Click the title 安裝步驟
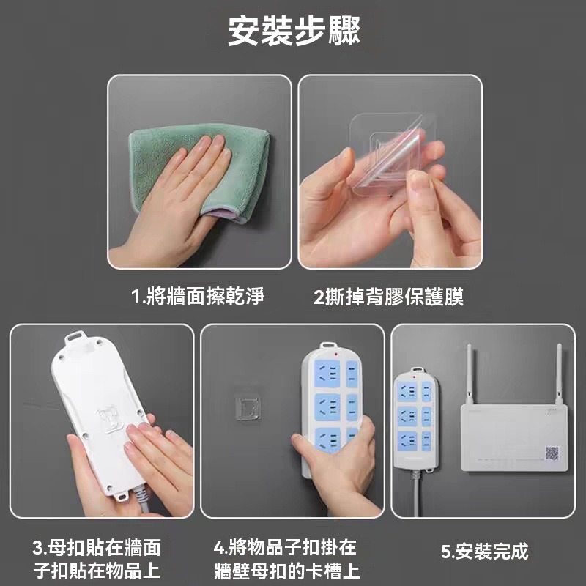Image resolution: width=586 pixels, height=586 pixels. click(x=294, y=31)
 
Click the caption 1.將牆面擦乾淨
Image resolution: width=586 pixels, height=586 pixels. click(x=198, y=297)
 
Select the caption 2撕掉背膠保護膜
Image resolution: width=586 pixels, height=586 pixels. click(x=389, y=297)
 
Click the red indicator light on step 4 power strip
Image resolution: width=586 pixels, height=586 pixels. click(x=336, y=354)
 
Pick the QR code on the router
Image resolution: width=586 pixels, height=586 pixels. click(x=552, y=453)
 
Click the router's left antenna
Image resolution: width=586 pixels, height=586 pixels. click(x=470, y=374)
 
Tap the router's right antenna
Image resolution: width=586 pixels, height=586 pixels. click(x=559, y=374)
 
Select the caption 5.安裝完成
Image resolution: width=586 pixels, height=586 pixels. click(x=485, y=552)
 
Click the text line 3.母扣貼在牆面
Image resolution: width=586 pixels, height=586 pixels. click(x=97, y=547)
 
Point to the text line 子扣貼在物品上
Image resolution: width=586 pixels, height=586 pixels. click(x=97, y=571)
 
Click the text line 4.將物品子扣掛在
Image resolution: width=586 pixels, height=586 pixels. click(x=286, y=547)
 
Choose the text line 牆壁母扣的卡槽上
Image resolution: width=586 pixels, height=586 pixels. click(x=287, y=571)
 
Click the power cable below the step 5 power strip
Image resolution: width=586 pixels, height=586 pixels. click(x=416, y=493)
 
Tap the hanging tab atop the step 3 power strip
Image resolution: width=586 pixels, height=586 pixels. click(x=75, y=338)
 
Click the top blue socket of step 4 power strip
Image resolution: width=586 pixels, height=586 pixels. click(x=327, y=374)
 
